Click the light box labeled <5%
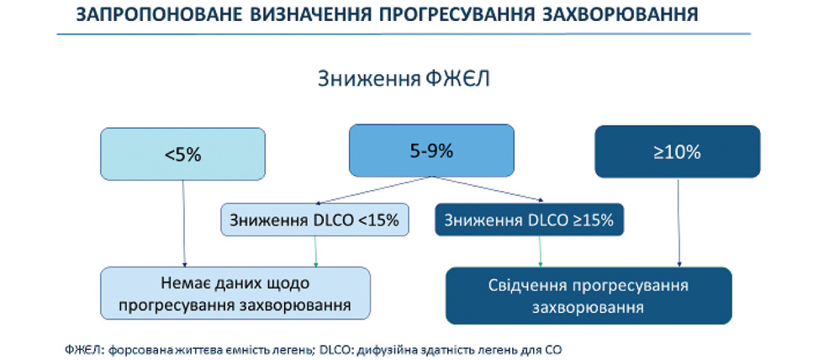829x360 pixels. point(183,154)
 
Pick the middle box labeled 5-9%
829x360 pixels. point(431,150)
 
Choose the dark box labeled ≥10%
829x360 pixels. point(678,151)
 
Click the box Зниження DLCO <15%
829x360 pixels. point(315,220)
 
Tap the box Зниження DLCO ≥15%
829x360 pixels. point(529,220)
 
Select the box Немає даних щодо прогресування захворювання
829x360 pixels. point(235,294)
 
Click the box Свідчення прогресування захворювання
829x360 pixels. point(589,295)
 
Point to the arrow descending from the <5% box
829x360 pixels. point(183,223)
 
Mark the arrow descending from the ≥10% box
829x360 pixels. point(678,222)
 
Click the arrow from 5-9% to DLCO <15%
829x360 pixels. point(372,190)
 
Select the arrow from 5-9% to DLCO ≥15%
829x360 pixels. point(487,189)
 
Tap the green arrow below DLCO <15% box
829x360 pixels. point(315,251)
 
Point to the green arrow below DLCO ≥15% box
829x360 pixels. point(540,251)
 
